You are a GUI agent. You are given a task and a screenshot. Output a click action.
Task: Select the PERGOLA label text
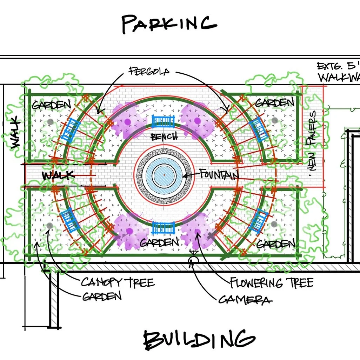click(149, 72)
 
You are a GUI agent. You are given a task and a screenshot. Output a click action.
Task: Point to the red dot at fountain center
click(164, 174)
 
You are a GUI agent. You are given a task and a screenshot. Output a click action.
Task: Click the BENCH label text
click(164, 136)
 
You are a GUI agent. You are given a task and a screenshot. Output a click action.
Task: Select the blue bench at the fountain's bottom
click(163, 228)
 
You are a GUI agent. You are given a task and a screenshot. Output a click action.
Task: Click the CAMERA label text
click(245, 299)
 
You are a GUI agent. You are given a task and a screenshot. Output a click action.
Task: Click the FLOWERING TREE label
click(271, 282)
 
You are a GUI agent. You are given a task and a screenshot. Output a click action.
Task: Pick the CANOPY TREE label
click(118, 282)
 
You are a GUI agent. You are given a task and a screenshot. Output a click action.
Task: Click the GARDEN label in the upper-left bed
click(51, 105)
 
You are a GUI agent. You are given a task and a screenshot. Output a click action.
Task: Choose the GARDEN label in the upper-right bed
click(274, 102)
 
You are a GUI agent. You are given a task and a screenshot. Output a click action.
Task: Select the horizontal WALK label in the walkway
click(58, 175)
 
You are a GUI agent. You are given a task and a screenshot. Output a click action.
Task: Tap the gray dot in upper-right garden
click(274, 120)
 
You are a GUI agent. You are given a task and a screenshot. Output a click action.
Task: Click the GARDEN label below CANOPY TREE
click(102, 296)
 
